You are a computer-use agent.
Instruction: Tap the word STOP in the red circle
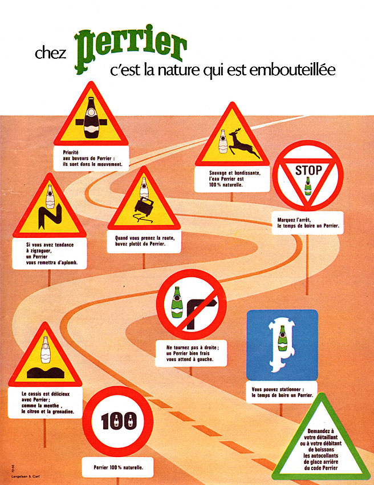click(308, 170)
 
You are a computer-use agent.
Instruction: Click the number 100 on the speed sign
click(119, 421)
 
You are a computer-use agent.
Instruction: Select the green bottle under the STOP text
click(308, 187)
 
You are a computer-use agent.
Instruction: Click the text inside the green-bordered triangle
click(322, 446)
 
